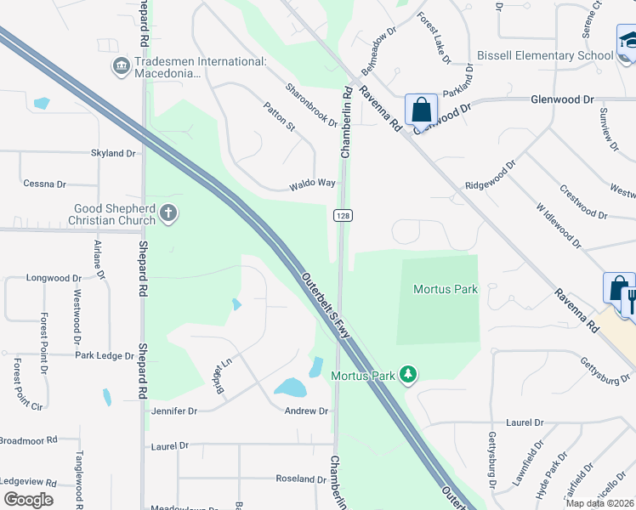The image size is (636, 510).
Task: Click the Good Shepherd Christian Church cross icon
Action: (168, 212)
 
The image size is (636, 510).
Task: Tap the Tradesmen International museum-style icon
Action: (121, 65)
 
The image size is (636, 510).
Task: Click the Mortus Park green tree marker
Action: (409, 375)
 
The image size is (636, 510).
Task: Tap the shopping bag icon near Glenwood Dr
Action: (421, 110)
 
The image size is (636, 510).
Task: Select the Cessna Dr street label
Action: (44, 184)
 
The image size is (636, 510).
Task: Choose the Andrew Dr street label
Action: (305, 411)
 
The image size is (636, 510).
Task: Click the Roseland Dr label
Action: (301, 479)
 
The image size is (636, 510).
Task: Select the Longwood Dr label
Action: (54, 278)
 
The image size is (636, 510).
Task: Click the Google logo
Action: (29, 499)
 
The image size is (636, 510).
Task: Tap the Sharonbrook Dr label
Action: (311, 105)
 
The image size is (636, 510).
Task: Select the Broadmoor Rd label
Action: (27, 440)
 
